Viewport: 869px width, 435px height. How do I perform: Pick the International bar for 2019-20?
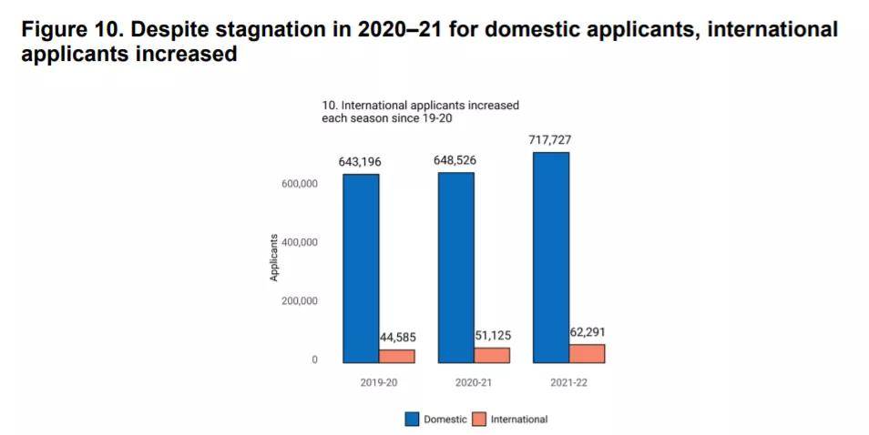point(396,356)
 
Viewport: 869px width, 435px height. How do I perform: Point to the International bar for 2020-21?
point(492,355)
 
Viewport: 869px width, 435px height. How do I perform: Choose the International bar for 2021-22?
point(587,353)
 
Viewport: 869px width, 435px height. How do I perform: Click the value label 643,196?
point(359,162)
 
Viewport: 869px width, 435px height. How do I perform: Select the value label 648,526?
point(455,160)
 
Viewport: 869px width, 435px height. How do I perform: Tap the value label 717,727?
point(549,140)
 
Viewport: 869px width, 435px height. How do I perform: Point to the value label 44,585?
point(397,338)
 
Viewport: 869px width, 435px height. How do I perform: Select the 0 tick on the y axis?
point(314,360)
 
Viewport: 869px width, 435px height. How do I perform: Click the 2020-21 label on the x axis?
point(474,383)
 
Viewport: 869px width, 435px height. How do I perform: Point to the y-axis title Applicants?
point(274,258)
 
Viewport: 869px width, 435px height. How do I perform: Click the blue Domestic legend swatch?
point(412,420)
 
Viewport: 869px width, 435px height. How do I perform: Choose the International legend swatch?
point(480,420)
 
